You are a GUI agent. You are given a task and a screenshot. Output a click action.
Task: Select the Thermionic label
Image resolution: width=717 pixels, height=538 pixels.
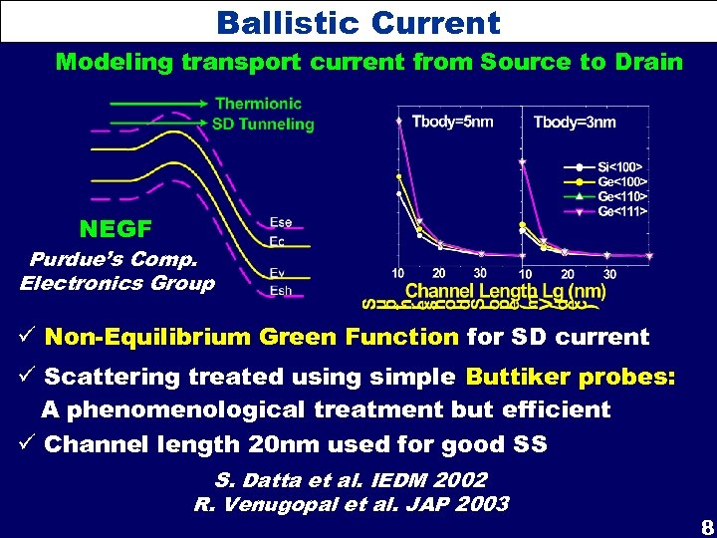(258, 104)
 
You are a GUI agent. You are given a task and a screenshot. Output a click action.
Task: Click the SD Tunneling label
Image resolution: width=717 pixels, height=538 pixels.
(263, 125)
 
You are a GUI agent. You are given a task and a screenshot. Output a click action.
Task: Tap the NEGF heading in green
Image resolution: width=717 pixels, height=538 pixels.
(116, 229)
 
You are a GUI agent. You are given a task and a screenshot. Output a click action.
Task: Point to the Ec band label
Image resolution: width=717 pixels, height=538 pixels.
(279, 241)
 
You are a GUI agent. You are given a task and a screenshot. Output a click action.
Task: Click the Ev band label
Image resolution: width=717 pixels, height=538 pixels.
(279, 272)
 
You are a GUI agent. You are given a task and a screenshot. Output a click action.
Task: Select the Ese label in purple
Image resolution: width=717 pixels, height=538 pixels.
(281, 223)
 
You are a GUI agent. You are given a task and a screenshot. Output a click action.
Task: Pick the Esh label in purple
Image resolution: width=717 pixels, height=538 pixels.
(281, 291)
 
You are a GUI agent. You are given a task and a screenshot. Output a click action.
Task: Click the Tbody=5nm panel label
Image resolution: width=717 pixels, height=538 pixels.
(451, 123)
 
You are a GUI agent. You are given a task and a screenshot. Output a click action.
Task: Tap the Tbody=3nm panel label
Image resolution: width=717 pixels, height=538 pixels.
(575, 123)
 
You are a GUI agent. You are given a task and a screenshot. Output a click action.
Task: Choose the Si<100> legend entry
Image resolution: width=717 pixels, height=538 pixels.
(620, 166)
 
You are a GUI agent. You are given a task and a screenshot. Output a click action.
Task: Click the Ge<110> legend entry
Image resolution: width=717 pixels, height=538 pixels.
(621, 196)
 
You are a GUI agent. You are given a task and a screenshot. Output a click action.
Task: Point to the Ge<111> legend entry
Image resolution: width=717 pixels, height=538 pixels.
(621, 211)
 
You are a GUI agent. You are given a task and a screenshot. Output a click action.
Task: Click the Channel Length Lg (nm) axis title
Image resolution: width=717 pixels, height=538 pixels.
(505, 292)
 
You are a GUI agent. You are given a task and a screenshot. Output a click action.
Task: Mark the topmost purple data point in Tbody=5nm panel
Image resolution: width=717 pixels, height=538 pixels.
(399, 120)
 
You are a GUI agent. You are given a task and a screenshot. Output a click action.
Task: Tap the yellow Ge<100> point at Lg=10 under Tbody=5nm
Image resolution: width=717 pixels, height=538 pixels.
(399, 177)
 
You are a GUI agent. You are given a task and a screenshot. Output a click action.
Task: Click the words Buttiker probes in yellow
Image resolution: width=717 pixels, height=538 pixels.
(570, 378)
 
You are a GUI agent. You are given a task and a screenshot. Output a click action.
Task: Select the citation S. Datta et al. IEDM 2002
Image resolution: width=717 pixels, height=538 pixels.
(351, 481)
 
